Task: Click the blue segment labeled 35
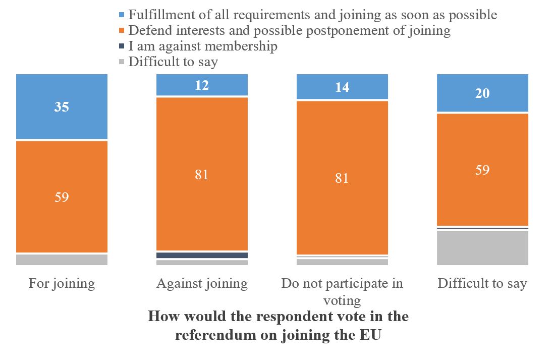(62, 107)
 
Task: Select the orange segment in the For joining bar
(62, 196)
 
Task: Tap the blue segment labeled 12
(202, 85)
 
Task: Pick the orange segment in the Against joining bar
(202, 174)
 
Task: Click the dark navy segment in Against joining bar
(202, 255)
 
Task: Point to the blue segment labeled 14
(342, 87)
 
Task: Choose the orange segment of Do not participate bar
(342, 178)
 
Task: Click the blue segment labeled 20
(482, 93)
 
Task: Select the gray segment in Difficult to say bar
(482, 247)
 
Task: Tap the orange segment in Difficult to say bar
(482, 170)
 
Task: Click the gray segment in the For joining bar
(62, 260)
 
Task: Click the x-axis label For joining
(62, 283)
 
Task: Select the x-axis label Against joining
(202, 283)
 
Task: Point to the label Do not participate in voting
(342, 291)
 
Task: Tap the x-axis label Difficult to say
(482, 283)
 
